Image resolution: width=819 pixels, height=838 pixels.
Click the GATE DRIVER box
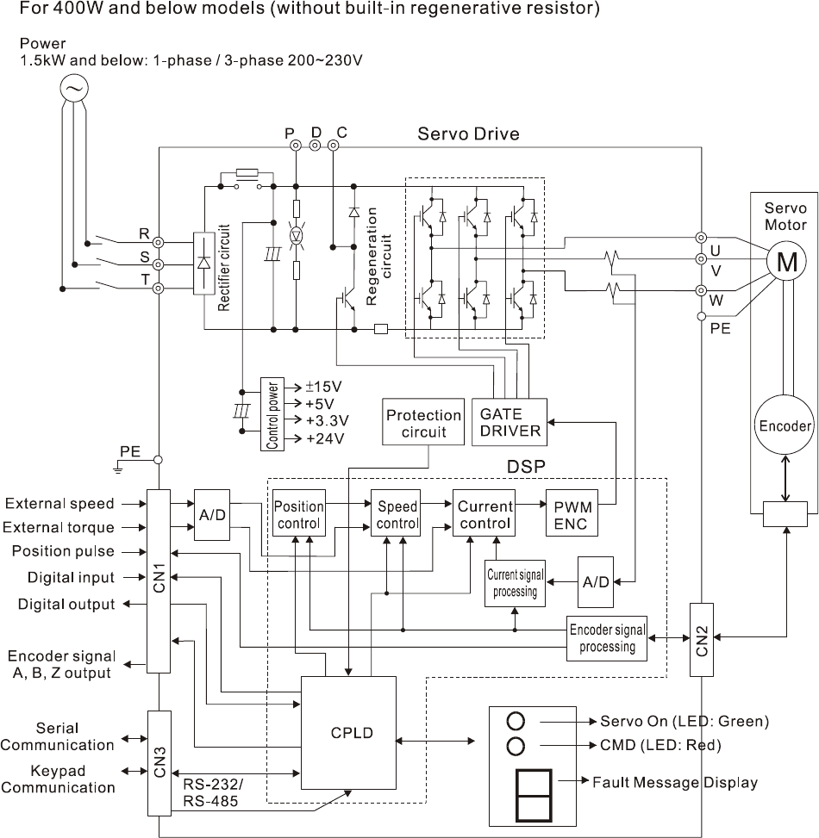coord(510,422)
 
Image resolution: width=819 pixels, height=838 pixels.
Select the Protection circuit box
coord(423,422)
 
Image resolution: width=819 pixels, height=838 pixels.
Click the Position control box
coord(298,514)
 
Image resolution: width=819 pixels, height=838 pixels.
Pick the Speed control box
coord(397,514)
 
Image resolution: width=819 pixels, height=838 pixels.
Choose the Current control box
coord(485,514)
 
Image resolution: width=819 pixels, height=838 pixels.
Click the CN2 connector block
coord(701,636)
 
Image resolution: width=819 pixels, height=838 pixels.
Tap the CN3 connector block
coord(159,763)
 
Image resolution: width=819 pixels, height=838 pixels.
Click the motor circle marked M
coord(786,264)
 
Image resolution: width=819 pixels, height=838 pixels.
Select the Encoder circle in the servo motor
coord(785,425)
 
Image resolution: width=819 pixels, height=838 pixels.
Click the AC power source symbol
coord(74,87)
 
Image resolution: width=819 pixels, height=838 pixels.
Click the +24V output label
coord(324,438)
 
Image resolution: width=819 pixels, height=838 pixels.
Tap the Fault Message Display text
coord(675,783)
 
